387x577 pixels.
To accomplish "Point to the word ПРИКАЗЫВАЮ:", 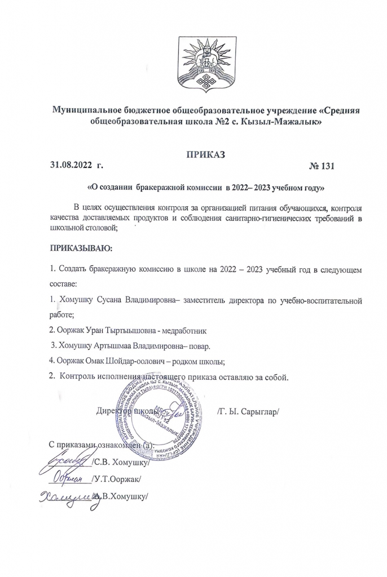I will (x=82, y=247).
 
